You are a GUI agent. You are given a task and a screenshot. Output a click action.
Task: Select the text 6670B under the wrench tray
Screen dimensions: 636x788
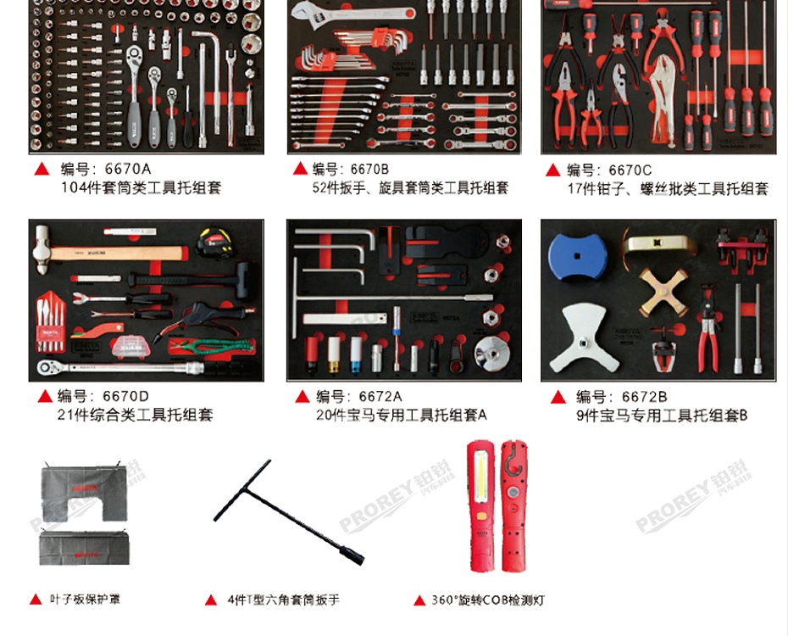[369, 169]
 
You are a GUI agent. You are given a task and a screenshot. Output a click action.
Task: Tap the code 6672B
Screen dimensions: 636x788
[644, 396]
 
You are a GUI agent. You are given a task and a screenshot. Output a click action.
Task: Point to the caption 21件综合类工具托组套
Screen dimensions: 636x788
[136, 415]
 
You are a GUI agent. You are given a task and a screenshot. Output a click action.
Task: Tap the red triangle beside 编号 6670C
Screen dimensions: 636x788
[552, 170]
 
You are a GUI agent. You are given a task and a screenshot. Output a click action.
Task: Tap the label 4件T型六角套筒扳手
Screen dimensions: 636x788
[283, 600]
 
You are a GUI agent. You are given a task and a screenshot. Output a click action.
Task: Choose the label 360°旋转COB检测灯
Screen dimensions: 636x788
[487, 600]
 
